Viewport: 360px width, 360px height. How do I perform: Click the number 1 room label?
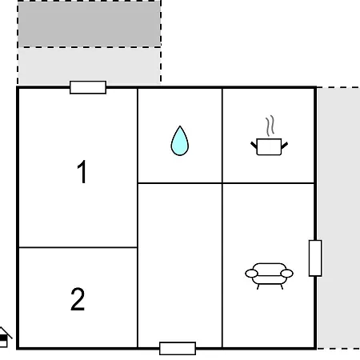(x=82, y=171)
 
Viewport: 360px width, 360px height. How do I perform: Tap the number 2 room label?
(x=78, y=299)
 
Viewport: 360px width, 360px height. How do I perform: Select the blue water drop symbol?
(x=180, y=141)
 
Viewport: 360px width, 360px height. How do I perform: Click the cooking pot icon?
(x=269, y=146)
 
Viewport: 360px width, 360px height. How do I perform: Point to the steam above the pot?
(x=270, y=126)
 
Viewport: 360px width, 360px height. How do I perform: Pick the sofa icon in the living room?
(x=269, y=276)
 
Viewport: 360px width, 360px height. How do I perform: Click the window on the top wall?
(x=88, y=87)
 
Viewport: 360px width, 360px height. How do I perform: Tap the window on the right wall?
(x=315, y=258)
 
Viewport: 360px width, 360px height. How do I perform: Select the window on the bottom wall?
(x=178, y=348)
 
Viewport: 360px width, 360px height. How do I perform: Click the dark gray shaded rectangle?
(x=89, y=24)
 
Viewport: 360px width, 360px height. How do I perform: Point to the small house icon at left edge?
(x=4, y=338)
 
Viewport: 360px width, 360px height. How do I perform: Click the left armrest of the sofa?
(x=251, y=274)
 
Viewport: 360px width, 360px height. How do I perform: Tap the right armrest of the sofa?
(x=287, y=274)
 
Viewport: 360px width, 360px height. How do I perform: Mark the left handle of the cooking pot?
(x=254, y=146)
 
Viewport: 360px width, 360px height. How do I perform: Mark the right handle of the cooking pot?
(x=285, y=146)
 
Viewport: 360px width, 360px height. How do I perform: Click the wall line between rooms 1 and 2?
(x=78, y=247)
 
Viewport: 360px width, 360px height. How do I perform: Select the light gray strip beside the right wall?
(x=338, y=218)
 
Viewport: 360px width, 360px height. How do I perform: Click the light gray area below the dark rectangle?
(x=89, y=66)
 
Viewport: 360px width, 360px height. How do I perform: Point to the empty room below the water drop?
(x=180, y=266)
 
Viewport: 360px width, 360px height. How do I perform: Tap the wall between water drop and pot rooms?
(x=222, y=136)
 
